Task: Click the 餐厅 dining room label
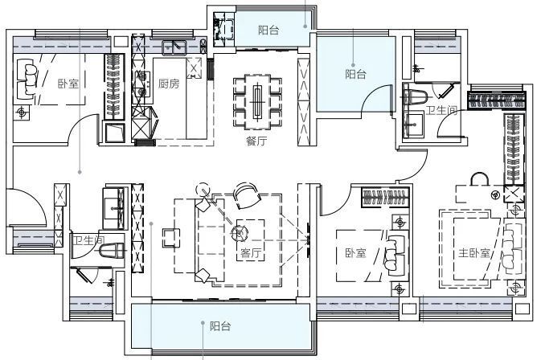pyautogui.click(x=256, y=141)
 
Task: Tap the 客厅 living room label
pyautogui.click(x=251, y=253)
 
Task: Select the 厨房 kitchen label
pyautogui.click(x=169, y=84)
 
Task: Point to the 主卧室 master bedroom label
pyautogui.click(x=474, y=253)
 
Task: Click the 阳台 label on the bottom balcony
pyautogui.click(x=220, y=326)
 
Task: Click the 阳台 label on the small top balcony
pyautogui.click(x=268, y=30)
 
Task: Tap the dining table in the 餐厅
pyautogui.click(x=258, y=100)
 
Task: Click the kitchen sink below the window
pyautogui.click(x=174, y=47)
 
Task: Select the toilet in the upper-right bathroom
pyautogui.click(x=416, y=97)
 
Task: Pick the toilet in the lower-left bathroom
pyautogui.click(x=112, y=251)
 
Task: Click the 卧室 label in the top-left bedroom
pyautogui.click(x=68, y=84)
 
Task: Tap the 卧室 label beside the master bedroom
pyautogui.click(x=355, y=253)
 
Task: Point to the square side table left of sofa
pyautogui.click(x=171, y=238)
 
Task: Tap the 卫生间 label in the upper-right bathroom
pyautogui.click(x=441, y=110)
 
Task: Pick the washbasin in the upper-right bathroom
pyautogui.click(x=413, y=125)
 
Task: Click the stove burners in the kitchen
pyautogui.click(x=141, y=84)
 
